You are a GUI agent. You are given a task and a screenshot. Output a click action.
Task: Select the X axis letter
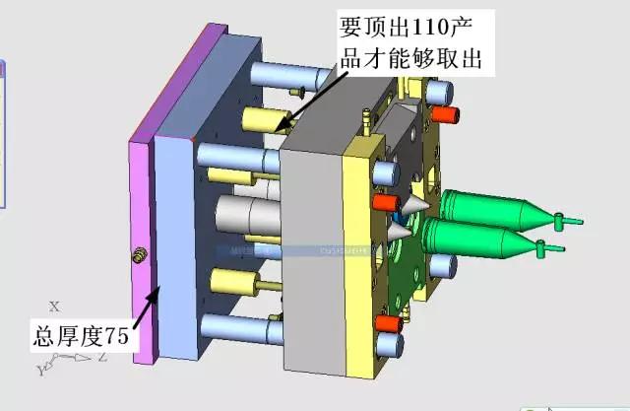tap(55, 307)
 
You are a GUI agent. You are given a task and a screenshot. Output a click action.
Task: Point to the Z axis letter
tap(101, 358)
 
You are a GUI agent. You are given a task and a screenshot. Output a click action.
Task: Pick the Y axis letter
tap(40, 370)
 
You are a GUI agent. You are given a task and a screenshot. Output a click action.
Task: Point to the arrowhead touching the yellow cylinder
tap(282, 127)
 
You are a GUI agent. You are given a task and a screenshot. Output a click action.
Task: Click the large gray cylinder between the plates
tap(246, 214)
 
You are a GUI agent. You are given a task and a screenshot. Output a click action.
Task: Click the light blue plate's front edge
tap(177, 246)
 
